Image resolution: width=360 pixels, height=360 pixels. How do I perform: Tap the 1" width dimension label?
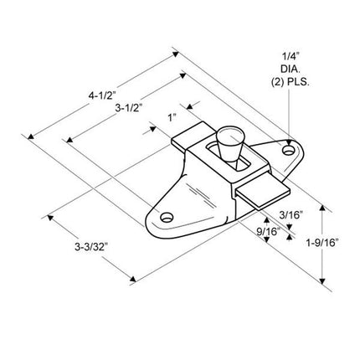click(x=172, y=119)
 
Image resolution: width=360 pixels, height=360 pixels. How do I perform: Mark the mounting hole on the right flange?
click(x=291, y=150)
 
